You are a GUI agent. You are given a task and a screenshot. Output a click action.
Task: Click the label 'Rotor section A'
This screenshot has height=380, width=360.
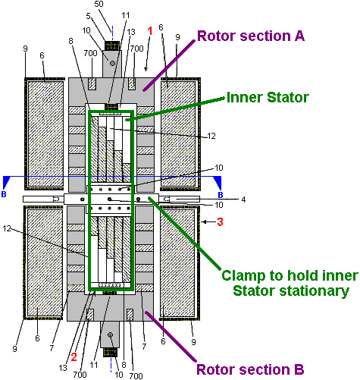point(251,36)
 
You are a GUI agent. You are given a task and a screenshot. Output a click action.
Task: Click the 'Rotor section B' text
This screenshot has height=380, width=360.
point(250,369)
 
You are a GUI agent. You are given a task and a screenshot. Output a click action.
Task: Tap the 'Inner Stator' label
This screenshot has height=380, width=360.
point(268,97)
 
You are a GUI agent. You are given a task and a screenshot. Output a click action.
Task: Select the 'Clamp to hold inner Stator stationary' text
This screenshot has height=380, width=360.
point(290,283)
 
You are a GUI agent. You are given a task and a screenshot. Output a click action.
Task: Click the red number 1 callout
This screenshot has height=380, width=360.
point(150,31)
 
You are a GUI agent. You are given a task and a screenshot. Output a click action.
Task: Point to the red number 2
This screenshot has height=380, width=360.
point(74,356)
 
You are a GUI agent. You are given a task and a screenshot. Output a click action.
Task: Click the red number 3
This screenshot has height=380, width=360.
point(220,221)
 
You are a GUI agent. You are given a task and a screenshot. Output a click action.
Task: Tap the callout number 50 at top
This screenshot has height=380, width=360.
point(99,4)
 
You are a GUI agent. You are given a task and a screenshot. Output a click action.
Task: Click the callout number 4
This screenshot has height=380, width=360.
point(243,199)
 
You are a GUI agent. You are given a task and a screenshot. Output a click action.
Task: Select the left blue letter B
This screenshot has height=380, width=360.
point(4,194)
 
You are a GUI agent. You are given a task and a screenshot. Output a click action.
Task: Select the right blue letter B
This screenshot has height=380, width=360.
point(221,195)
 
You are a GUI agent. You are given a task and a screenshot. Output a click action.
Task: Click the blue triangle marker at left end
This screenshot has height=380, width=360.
point(6,181)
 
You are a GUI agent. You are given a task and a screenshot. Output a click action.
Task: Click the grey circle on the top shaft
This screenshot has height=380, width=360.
point(113,63)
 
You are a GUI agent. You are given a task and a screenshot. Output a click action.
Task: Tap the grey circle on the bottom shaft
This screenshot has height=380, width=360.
point(110,334)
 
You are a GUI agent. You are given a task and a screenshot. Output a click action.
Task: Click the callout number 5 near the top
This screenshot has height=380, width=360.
point(88,16)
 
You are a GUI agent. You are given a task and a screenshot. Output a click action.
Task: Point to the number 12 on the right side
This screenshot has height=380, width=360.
point(211,136)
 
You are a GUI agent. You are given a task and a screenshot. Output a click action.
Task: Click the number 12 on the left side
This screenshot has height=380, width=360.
point(7,228)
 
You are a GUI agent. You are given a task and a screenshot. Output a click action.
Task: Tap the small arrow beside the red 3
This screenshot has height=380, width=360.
point(208,222)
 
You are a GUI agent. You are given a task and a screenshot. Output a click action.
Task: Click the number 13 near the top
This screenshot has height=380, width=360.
point(131,32)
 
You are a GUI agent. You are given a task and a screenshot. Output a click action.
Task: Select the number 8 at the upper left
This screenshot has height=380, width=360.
point(71,41)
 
